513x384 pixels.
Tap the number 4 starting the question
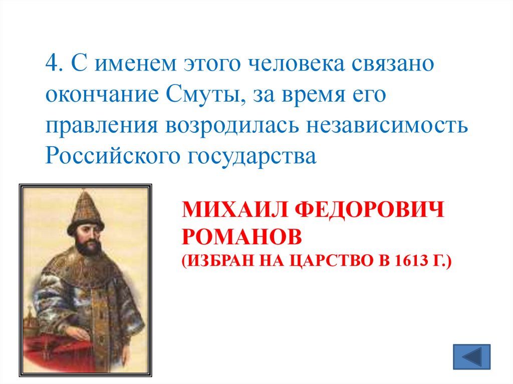pyautogui.click(x=51, y=65)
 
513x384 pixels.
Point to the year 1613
pyautogui.click(x=413, y=261)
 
